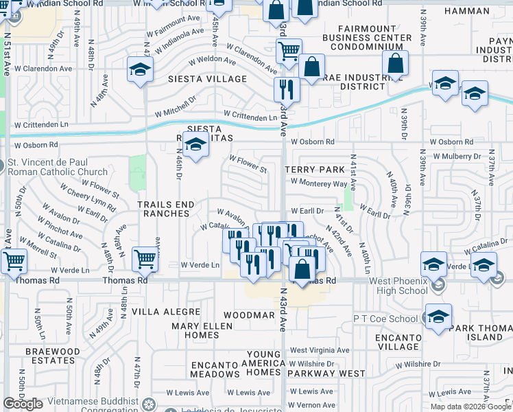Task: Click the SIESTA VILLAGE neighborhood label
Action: (208, 79)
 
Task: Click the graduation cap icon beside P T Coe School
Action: (438, 317)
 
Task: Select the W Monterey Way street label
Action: (319, 183)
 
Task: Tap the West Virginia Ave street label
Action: (320, 350)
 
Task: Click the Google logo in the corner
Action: (23, 404)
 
